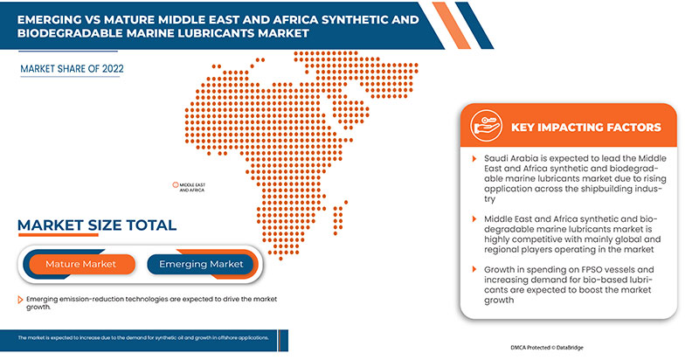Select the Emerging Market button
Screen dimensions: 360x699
coord(201,264)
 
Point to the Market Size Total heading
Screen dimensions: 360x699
coord(97,225)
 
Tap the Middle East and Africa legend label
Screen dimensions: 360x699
coord(191,187)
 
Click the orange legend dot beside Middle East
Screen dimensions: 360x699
coord(174,184)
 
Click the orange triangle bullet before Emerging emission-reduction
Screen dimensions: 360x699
coord(20,299)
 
